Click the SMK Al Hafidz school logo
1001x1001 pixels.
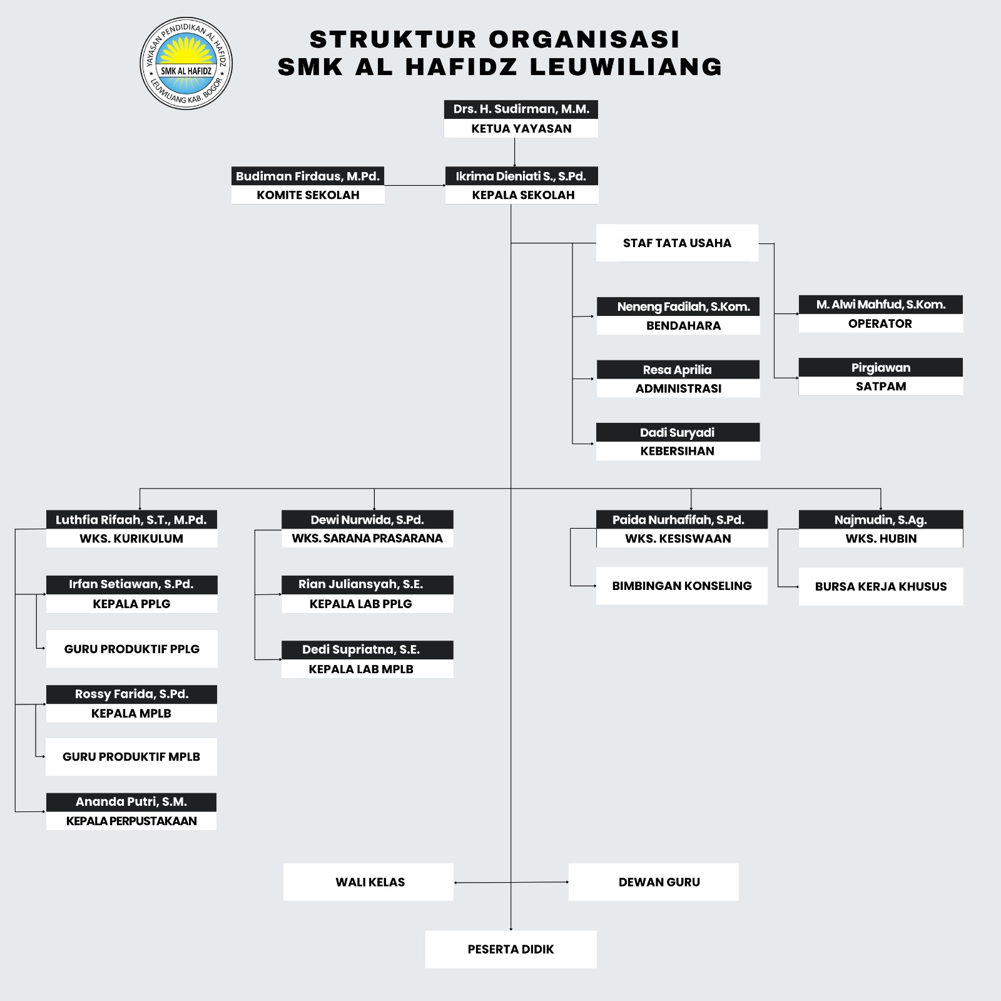pos(186,63)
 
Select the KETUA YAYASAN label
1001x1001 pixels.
pos(521,128)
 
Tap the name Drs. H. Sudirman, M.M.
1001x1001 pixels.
pos(521,109)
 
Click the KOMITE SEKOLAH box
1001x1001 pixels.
pos(308,195)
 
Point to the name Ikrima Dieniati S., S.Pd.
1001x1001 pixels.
pos(521,176)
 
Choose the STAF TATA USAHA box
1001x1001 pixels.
pos(677,243)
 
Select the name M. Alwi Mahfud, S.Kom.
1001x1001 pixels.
pos(880,305)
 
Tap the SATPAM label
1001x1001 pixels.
pos(880,386)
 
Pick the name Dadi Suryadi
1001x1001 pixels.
pos(677,432)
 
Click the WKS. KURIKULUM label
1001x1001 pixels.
pos(131,538)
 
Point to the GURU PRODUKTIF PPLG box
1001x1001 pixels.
pos(131,649)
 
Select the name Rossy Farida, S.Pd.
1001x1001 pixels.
pos(131,694)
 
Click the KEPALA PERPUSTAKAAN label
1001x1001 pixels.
pos(131,821)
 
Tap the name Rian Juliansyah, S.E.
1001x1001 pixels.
pos(360,584)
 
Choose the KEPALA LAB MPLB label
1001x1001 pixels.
pos(361,669)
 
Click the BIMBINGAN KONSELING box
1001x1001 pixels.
pos(682,586)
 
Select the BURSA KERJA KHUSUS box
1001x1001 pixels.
pos(880,586)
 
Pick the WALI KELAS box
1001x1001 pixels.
pos(369,882)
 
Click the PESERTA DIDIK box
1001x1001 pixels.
pos(511,949)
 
